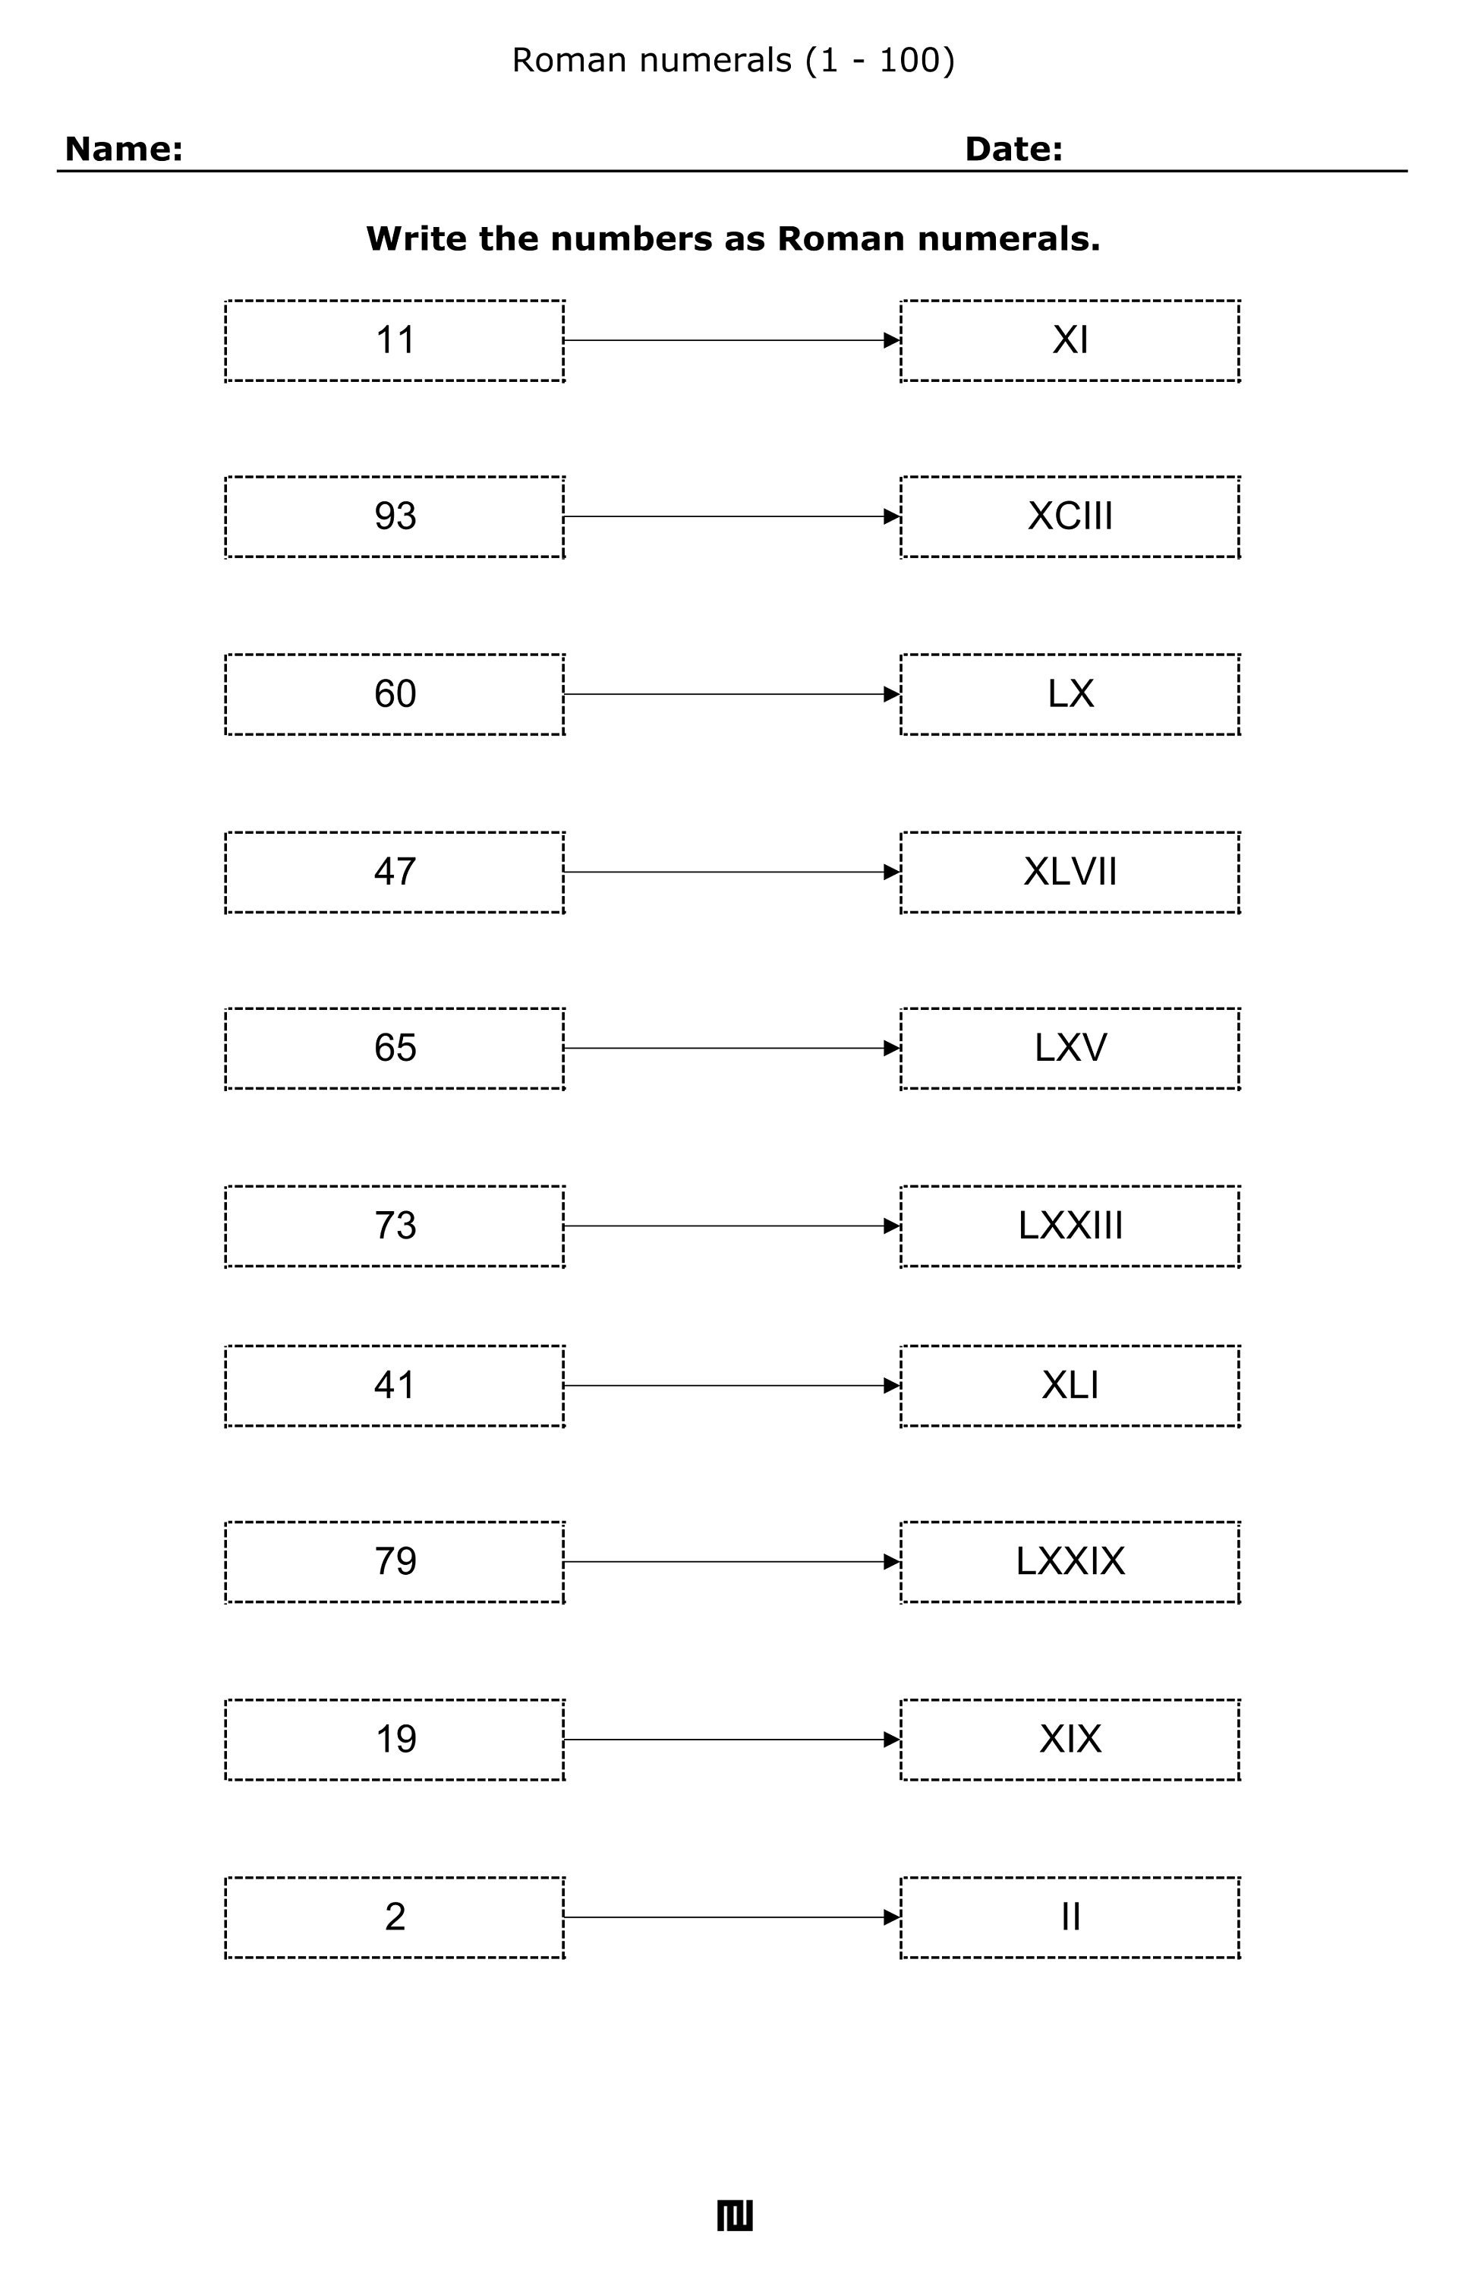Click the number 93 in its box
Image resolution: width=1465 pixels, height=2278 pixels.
coord(395,516)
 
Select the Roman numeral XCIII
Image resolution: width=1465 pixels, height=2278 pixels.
coord(1070,516)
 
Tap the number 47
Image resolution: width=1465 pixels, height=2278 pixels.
coord(395,872)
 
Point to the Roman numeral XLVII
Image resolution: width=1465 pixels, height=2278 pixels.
coord(1070,872)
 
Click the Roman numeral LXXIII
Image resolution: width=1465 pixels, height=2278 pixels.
coord(1070,1226)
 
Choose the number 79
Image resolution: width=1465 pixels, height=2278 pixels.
coord(395,1561)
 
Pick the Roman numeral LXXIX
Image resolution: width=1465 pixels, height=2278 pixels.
coord(1070,1561)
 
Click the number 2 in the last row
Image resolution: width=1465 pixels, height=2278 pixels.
coord(395,1917)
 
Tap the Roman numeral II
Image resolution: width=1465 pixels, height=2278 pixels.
coord(1070,1917)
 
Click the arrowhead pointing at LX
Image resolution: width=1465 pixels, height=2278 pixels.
coord(891,695)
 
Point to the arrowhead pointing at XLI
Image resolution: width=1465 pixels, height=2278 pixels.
coord(891,1386)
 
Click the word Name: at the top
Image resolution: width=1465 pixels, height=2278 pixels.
coord(124,150)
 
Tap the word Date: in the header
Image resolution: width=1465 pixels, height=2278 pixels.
coord(1013,150)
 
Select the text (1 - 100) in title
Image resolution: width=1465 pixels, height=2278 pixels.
coord(879,60)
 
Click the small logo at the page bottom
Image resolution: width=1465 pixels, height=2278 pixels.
coord(735,2216)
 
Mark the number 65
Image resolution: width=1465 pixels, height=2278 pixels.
coord(395,1048)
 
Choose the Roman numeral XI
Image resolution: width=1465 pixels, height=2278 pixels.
coord(1070,339)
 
